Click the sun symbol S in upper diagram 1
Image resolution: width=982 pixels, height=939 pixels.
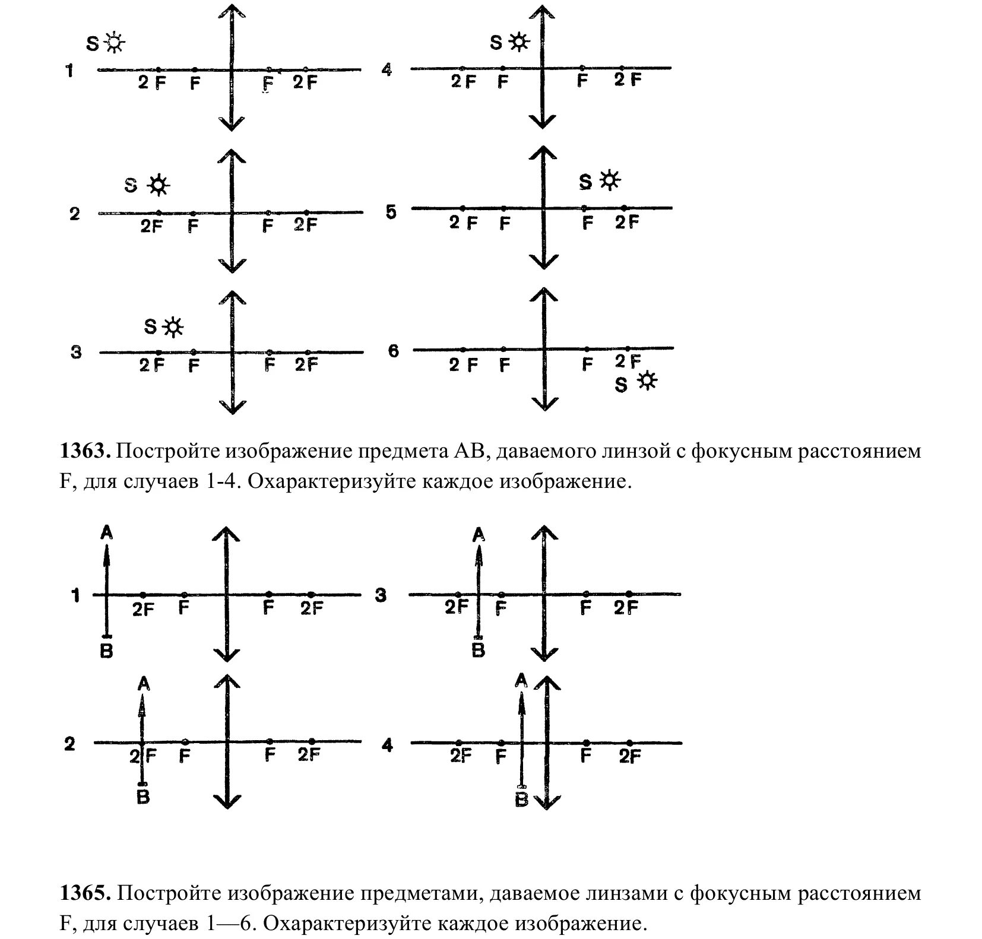click(114, 43)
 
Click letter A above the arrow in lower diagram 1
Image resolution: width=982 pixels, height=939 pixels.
click(107, 532)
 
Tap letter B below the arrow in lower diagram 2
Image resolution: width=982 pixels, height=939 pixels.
click(143, 797)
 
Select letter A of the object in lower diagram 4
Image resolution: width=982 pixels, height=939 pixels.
click(521, 680)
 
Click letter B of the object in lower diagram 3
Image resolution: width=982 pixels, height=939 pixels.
click(478, 651)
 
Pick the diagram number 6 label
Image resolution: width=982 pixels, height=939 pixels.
click(394, 351)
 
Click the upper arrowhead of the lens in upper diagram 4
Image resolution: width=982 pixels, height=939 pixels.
click(541, 12)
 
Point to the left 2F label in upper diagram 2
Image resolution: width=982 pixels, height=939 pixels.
click(151, 226)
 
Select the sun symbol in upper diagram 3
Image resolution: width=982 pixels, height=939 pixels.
click(173, 326)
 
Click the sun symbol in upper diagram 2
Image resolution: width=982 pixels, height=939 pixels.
click(158, 185)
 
